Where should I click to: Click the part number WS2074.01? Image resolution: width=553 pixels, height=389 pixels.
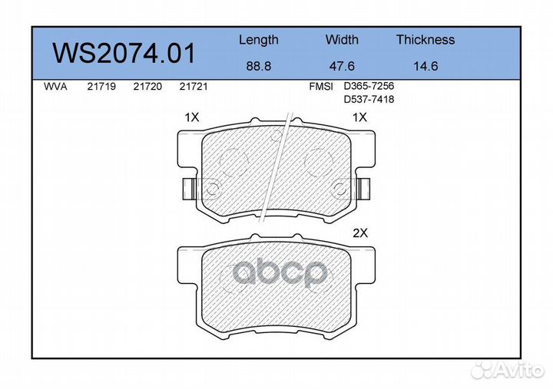(x=124, y=53)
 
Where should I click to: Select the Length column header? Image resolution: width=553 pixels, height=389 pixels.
(x=259, y=40)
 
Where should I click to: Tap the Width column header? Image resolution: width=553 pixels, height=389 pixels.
(x=342, y=39)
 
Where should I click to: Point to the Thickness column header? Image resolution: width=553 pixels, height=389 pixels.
(x=426, y=39)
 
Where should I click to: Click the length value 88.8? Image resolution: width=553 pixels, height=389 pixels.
(x=259, y=66)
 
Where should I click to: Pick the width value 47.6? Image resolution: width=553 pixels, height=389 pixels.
(x=342, y=66)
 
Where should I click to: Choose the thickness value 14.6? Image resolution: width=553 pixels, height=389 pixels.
(x=426, y=66)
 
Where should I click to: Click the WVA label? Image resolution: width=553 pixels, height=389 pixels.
(x=55, y=87)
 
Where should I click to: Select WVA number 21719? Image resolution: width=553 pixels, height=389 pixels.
(x=101, y=87)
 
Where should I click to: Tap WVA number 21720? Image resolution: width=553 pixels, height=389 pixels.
(x=147, y=87)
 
